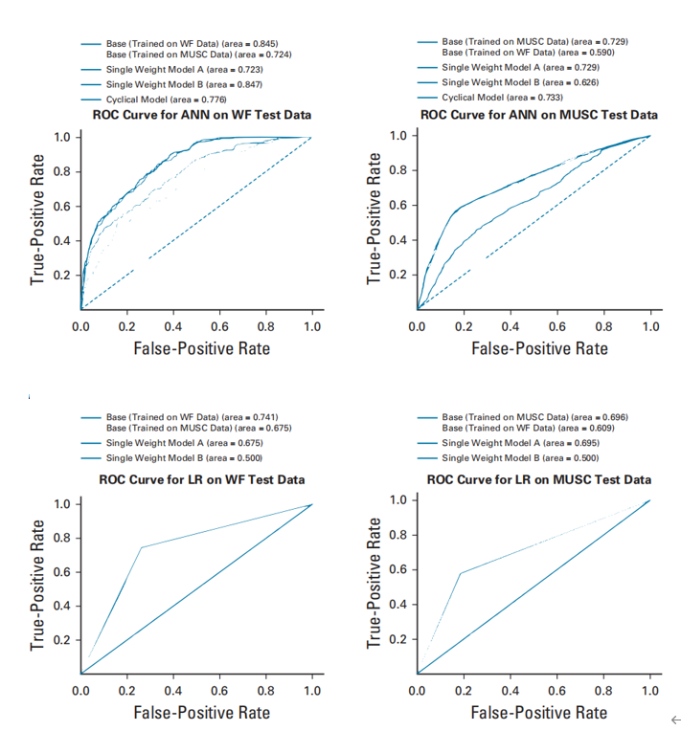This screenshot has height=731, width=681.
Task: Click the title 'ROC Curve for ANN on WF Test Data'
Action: point(202,115)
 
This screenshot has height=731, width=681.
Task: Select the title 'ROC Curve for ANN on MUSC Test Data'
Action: point(539,115)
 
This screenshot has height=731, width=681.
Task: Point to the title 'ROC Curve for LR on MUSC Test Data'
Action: point(539,478)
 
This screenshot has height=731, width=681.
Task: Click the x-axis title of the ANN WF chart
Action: point(202,348)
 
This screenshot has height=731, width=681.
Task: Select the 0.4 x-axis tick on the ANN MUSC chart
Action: point(510,327)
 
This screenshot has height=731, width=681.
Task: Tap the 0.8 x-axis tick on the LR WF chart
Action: point(267,691)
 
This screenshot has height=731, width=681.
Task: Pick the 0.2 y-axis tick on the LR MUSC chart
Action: point(397,639)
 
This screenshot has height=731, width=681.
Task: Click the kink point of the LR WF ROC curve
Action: point(142,547)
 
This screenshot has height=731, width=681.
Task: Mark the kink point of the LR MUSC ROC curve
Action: point(461,573)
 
